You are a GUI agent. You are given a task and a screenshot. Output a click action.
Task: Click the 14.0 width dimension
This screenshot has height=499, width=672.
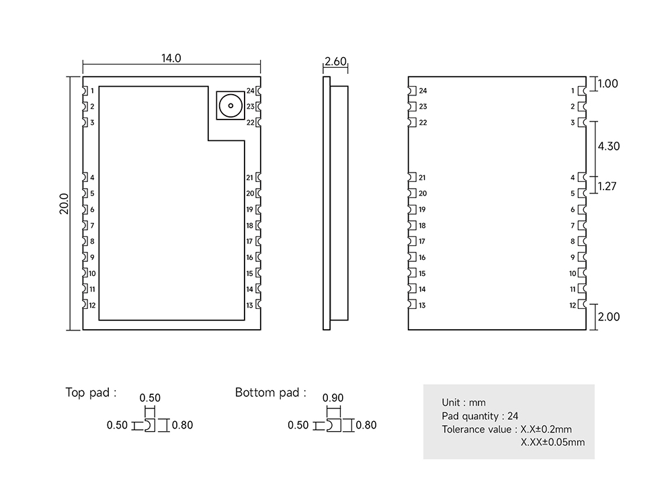coord(171,58)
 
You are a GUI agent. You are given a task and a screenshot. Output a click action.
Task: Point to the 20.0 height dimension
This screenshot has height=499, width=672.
coord(64,203)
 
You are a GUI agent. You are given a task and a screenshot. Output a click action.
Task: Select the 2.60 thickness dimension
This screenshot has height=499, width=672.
coord(335,62)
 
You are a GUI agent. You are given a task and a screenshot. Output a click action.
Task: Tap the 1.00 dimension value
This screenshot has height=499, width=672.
coord(607,84)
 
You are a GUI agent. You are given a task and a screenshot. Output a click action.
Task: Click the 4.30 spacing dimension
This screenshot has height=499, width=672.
coord(608,146)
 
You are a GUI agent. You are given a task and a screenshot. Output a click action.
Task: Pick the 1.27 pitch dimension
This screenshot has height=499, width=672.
coord(607,186)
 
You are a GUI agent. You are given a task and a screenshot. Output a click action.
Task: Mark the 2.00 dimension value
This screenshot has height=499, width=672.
coord(609,317)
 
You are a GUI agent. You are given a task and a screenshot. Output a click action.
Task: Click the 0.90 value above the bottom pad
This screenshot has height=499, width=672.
coord(333,398)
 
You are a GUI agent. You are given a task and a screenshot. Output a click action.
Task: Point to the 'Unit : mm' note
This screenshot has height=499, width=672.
coord(464,403)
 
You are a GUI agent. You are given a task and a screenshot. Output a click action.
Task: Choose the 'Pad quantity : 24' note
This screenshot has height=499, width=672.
coord(480,416)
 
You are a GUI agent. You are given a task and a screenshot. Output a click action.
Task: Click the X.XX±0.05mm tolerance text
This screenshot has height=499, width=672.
coord(553,442)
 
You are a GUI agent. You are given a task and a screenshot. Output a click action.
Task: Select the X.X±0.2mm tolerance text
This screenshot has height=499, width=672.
coord(546,429)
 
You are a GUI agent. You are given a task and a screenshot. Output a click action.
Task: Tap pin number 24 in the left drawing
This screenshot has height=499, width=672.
coord(250,91)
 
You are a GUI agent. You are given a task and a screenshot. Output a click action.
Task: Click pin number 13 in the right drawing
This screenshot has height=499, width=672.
coord(422,306)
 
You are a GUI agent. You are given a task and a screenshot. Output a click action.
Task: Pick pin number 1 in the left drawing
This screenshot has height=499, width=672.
coord(92,91)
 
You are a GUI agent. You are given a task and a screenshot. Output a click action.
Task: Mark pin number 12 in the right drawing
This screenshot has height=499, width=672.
coord(573,306)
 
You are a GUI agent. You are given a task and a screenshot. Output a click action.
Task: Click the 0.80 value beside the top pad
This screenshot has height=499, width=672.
coord(183,425)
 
